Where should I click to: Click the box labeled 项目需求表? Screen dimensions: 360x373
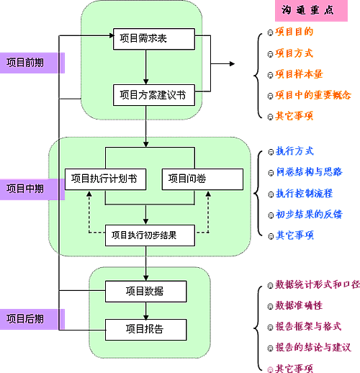click(x=154, y=39)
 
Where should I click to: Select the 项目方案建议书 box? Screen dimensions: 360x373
click(x=154, y=95)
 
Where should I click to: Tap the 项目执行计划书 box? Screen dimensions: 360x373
click(x=105, y=179)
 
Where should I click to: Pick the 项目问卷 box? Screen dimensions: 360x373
click(x=202, y=179)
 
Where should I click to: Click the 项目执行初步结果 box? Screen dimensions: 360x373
click(x=150, y=235)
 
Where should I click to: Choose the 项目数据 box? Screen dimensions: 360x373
click(x=146, y=292)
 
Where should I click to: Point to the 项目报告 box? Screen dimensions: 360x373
click(x=146, y=330)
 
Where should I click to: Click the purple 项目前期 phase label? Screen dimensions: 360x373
click(x=32, y=63)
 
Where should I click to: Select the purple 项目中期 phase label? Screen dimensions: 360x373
click(x=32, y=189)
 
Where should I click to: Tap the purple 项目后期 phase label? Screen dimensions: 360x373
click(x=32, y=319)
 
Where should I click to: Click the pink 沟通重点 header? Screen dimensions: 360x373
click(x=311, y=11)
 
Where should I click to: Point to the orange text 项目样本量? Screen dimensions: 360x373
click(x=299, y=74)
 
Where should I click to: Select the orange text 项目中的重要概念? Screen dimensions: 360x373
click(x=313, y=95)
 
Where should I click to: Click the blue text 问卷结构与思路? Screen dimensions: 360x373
click(x=309, y=172)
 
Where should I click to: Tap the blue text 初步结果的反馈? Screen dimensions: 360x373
click(x=309, y=214)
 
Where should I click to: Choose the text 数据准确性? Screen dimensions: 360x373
click(x=299, y=305)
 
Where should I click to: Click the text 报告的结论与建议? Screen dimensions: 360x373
click(x=313, y=347)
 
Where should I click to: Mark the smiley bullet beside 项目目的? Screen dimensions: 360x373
click(x=271, y=32)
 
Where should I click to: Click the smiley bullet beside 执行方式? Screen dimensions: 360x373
click(x=271, y=152)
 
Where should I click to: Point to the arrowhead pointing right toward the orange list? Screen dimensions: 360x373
click(x=232, y=63)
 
